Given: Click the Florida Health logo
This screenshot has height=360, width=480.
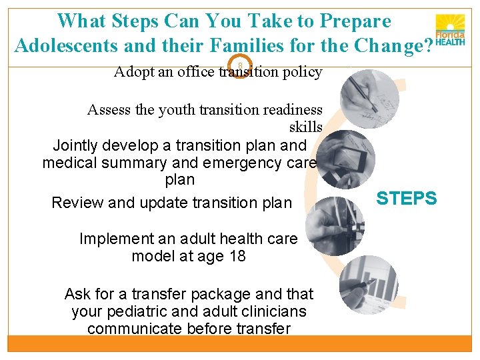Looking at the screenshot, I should tap(450, 30).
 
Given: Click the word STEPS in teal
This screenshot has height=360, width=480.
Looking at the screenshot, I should tap(407, 198).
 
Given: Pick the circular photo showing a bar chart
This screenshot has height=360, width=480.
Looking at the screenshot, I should tap(368, 285).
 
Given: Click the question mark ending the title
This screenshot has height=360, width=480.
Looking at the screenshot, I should tap(427, 46).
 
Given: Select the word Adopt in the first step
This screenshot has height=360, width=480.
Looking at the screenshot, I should tap(135, 72).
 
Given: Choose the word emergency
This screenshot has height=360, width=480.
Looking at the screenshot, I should tap(239, 163).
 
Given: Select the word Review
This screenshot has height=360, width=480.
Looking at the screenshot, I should tap(77, 203).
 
